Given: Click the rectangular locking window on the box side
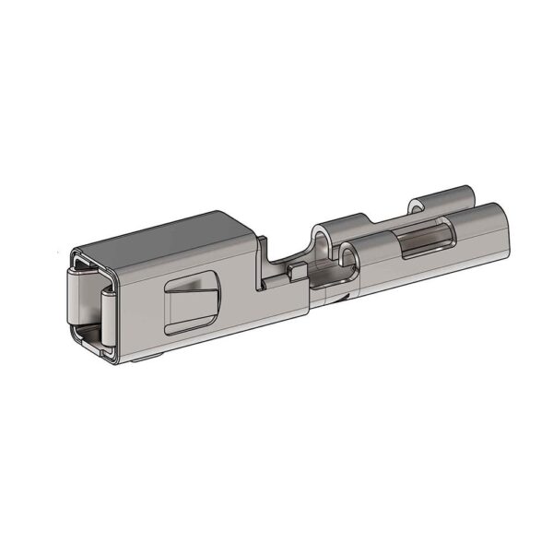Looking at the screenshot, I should [192, 303].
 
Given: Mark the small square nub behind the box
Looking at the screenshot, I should [296, 271].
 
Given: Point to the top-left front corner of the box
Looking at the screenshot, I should [74, 251].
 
